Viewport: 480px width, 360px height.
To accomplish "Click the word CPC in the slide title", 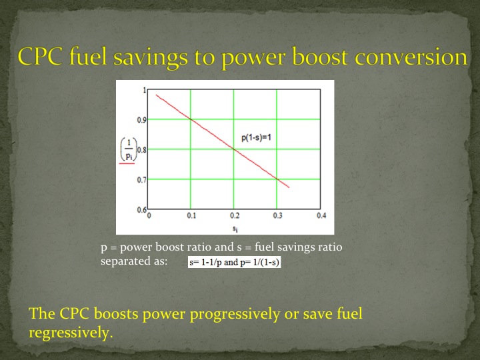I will [x=42, y=57].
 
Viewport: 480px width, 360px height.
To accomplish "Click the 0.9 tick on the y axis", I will [x=142, y=120].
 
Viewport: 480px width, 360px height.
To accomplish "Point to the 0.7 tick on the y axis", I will [x=142, y=180].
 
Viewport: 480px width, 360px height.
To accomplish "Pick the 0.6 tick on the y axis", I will [x=142, y=210].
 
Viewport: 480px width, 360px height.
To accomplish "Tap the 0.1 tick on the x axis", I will [x=192, y=216].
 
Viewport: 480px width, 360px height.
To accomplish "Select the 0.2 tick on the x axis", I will [x=234, y=216].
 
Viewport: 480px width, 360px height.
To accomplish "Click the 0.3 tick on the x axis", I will [x=277, y=216].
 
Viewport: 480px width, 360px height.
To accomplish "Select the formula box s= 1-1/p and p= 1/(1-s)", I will [x=235, y=263].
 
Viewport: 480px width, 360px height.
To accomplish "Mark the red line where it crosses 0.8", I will [x=234, y=149].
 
